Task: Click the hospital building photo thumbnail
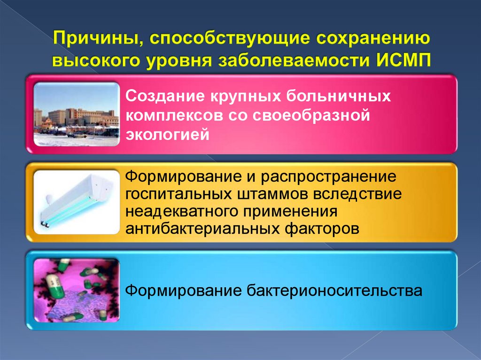[x=77, y=114]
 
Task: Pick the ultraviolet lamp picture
[x=77, y=202]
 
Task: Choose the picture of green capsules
[x=77, y=290]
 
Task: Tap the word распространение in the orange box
[x=326, y=177]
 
